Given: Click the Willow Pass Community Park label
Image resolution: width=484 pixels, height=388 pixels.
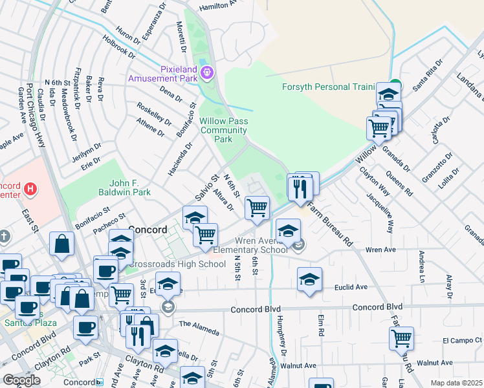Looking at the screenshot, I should [224, 130].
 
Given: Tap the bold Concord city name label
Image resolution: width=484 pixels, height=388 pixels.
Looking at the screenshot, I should [148, 229].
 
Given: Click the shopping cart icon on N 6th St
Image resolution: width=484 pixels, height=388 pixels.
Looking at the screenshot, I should [257, 208].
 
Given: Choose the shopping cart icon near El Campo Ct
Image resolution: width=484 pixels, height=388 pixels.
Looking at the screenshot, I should [401, 338].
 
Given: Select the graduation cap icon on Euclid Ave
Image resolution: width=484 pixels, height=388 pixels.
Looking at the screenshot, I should [309, 279].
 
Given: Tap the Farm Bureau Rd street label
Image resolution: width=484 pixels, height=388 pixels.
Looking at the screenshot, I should [329, 224].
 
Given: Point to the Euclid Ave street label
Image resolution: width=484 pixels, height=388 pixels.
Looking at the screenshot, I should [351, 286].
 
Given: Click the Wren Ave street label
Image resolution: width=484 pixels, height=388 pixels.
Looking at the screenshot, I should [380, 249].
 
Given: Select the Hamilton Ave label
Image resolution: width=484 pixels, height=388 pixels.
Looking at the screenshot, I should [218, 5].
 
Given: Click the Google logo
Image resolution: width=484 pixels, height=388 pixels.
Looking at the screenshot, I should [21, 380].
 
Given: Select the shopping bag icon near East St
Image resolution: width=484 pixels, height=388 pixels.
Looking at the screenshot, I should [61, 244].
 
